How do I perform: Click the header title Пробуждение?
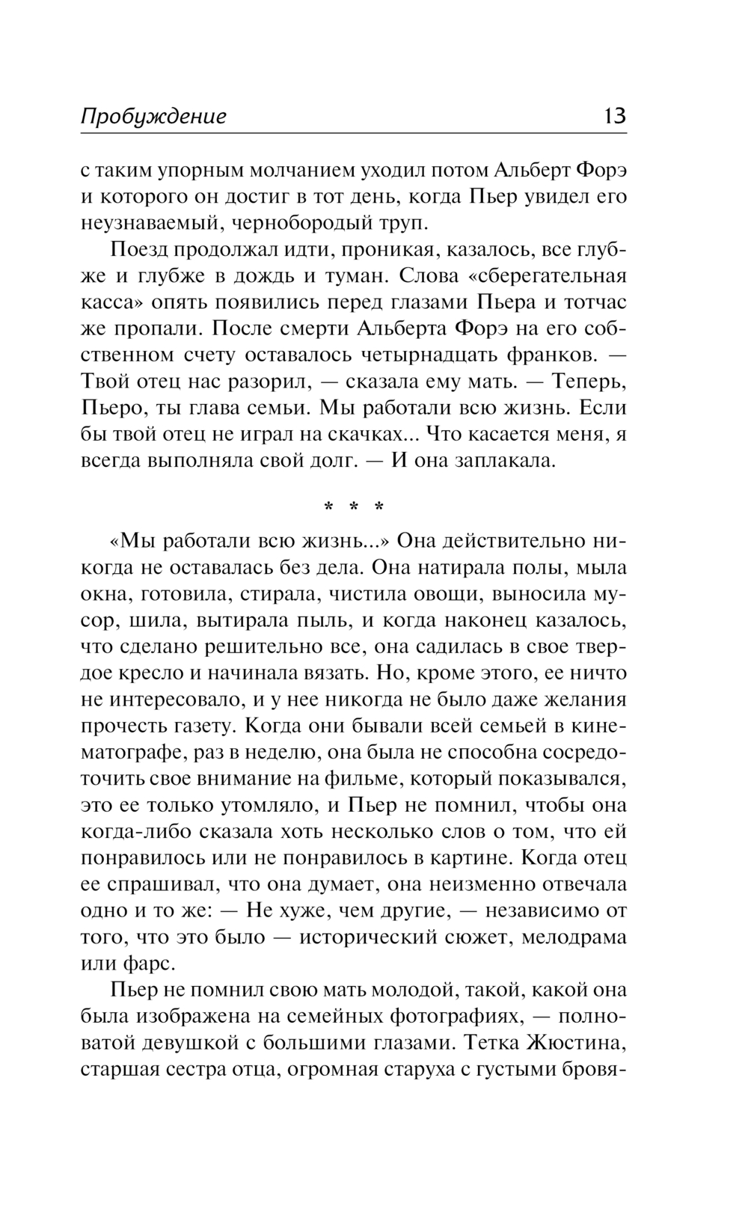pos(153,117)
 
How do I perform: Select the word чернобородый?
pos(300,223)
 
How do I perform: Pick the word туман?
pos(356,276)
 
